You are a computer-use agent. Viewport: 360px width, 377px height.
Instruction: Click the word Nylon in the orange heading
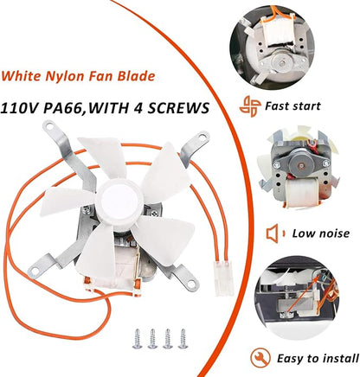(65, 76)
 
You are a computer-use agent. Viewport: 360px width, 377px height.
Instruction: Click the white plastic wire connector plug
(224, 278)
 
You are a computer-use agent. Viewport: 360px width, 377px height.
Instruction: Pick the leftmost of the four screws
(137, 339)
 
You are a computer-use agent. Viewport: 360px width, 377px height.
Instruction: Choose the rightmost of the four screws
(183, 339)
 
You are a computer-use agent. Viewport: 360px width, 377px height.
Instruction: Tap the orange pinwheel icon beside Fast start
(250, 106)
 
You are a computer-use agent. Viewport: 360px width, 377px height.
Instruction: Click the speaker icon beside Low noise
(276, 233)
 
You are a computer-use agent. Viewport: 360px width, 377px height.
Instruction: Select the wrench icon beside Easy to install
(260, 358)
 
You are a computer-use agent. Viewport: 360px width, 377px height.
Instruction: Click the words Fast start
(292, 106)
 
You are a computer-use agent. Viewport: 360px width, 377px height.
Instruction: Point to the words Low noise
(321, 233)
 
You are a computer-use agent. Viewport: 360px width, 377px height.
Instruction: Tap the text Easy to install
(318, 359)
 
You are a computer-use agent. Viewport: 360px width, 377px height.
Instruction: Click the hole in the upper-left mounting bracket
(50, 126)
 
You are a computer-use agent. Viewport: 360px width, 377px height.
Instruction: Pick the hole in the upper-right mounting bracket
(202, 136)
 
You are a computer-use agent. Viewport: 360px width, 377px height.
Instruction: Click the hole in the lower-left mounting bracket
(35, 272)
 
